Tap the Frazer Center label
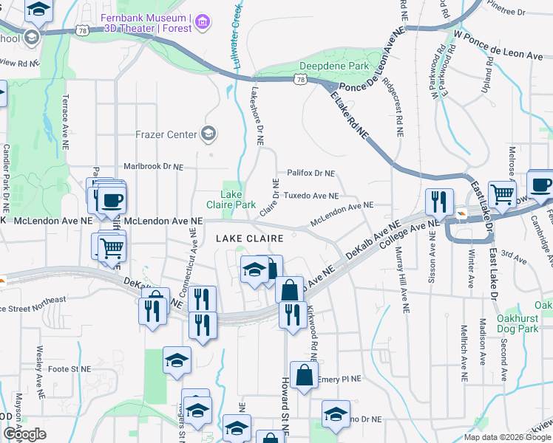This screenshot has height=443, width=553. [166, 134]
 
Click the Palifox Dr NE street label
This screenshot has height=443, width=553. [311, 174]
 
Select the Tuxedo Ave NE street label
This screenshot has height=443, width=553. [311, 196]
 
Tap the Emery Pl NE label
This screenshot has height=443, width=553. [339, 380]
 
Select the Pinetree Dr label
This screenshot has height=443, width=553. [506, 12]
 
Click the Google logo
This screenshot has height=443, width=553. [24, 434]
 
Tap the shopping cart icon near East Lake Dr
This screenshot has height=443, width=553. [502, 195]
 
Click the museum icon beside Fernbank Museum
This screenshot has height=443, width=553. [202, 24]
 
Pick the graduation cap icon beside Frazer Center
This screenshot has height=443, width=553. [209, 134]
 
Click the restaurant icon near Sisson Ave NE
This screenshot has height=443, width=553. [439, 202]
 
